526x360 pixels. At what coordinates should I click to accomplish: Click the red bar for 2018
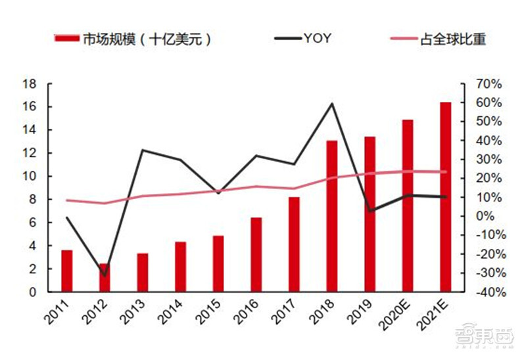[x=331, y=217]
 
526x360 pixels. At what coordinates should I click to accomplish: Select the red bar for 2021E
[x=445, y=197]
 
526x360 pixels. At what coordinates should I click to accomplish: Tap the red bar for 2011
[x=66, y=271]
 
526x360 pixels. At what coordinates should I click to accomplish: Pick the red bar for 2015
[x=218, y=264]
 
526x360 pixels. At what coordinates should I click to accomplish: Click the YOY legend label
[x=317, y=39]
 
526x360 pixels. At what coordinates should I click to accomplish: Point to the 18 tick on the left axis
[x=29, y=84]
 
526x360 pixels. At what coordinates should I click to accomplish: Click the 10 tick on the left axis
[x=29, y=177]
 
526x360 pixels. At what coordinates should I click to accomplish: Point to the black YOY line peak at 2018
[x=332, y=104]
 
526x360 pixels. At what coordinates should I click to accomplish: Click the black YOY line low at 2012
[x=105, y=275]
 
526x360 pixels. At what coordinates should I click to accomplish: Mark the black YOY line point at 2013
[x=143, y=150]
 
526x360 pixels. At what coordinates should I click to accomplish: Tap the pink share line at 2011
[x=66, y=200]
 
